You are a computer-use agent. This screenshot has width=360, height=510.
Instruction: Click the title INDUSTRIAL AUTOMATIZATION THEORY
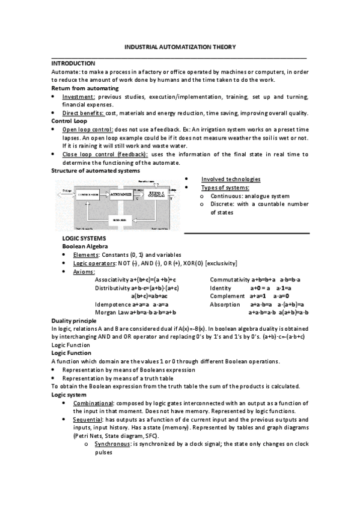click(x=180, y=46)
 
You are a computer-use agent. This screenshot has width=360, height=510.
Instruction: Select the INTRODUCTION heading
click(x=73, y=63)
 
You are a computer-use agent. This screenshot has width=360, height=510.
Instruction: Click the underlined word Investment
click(x=78, y=97)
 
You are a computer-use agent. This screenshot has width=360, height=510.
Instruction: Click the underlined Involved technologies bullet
click(x=231, y=179)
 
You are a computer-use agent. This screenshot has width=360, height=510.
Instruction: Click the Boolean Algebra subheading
click(x=83, y=247)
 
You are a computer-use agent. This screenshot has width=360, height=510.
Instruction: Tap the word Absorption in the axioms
click(x=225, y=305)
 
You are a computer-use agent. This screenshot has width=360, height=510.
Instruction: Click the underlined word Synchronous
click(x=112, y=443)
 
